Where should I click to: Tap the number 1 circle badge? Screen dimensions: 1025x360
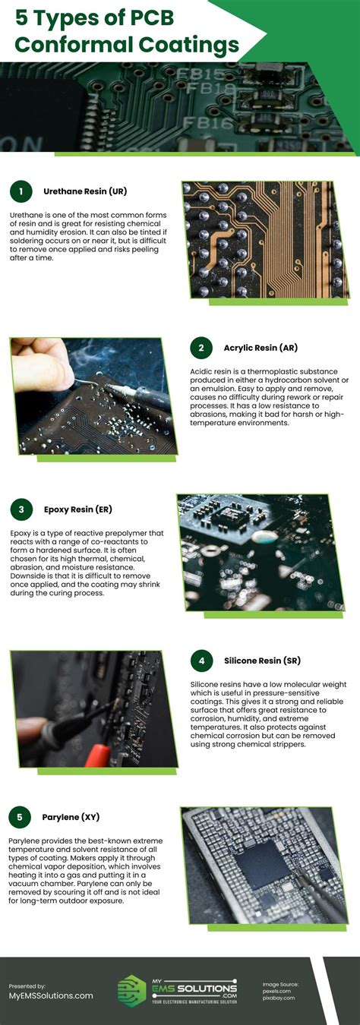pyautogui.click(x=21, y=191)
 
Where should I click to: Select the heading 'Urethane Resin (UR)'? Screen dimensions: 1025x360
pyautogui.click(x=84, y=191)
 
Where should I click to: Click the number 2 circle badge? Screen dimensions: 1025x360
pyautogui.click(x=201, y=348)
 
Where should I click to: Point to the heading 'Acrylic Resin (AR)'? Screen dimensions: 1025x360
pyautogui.click(x=261, y=348)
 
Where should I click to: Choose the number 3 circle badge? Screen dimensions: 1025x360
pyautogui.click(x=21, y=509)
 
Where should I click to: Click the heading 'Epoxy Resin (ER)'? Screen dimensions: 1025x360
pyautogui.click(x=77, y=509)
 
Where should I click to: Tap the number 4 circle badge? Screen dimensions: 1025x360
pyautogui.click(x=201, y=661)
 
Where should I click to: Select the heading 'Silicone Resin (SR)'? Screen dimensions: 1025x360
pyautogui.click(x=262, y=661)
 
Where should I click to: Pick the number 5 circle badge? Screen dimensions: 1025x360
pyautogui.click(x=21, y=817)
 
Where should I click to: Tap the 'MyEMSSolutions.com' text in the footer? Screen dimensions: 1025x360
pyautogui.click(x=51, y=995)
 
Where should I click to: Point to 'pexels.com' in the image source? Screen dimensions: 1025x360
pyautogui.click(x=277, y=991)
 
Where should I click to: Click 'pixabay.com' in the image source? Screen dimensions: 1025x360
pyautogui.click(x=278, y=998)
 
